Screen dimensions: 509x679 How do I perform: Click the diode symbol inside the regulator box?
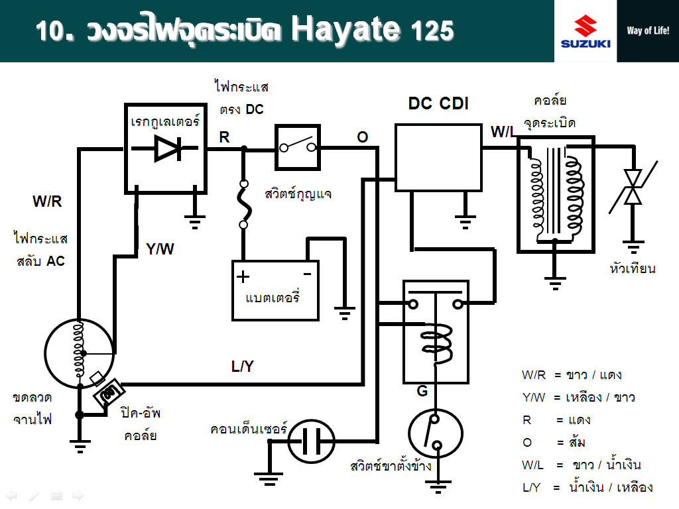[166, 148]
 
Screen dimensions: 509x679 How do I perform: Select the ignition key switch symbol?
[297, 148]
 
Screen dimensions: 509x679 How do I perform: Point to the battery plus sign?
[244, 276]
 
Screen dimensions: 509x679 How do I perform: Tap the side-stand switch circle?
[435, 434]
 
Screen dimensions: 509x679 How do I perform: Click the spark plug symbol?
[634, 188]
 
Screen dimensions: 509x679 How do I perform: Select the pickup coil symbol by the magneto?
[107, 394]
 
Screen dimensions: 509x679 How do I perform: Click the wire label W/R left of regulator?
[47, 201]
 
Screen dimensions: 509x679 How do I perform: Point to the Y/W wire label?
[160, 249]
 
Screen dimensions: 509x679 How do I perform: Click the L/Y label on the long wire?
[242, 367]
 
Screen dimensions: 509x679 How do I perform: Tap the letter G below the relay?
[422, 392]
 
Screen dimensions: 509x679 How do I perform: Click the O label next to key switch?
[362, 137]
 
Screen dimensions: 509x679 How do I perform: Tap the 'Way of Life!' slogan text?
[648, 30]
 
